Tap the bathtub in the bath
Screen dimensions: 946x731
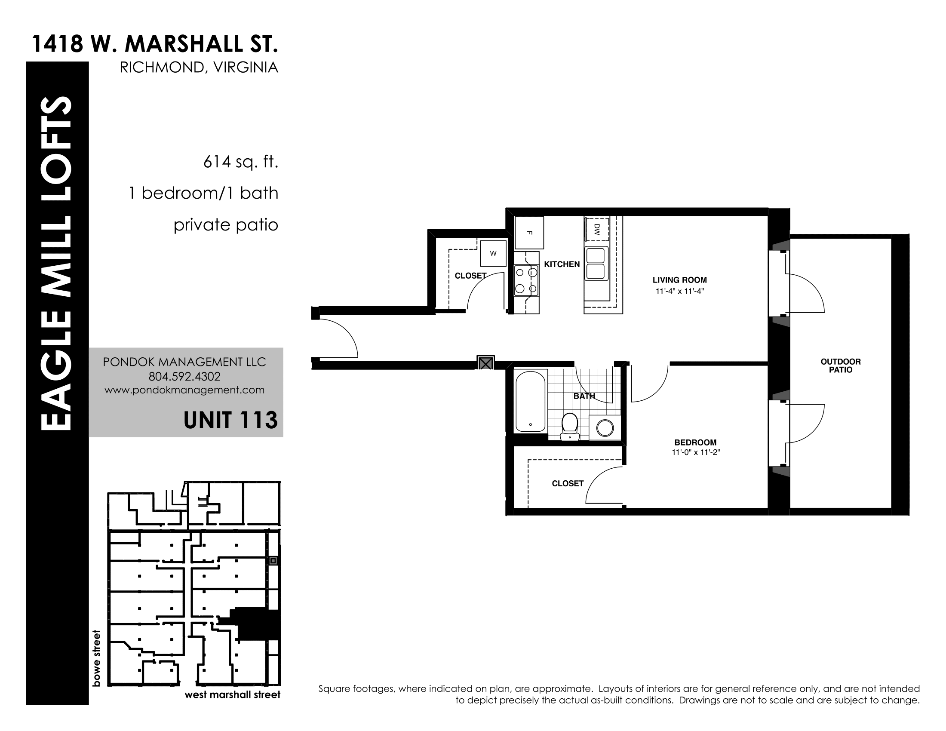[x=531, y=401]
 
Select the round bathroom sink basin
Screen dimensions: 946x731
[x=605, y=428]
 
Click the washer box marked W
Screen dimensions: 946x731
[x=493, y=253]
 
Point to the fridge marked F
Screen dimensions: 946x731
[x=529, y=233]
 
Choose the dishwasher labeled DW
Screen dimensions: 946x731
[x=597, y=229]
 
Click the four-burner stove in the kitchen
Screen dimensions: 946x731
[x=526, y=280]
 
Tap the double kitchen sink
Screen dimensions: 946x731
[x=596, y=263]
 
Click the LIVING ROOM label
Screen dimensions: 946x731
[x=679, y=280]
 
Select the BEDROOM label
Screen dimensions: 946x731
[x=695, y=442]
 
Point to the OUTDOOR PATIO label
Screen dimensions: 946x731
[x=841, y=366]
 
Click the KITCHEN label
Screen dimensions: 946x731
[x=562, y=264]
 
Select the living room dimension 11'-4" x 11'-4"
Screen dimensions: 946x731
[x=679, y=292]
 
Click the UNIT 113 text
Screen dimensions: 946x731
[x=230, y=420]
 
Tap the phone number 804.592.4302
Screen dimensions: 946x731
[x=184, y=376]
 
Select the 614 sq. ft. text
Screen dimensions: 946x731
[x=240, y=162]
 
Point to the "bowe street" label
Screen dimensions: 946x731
[x=97, y=658]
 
